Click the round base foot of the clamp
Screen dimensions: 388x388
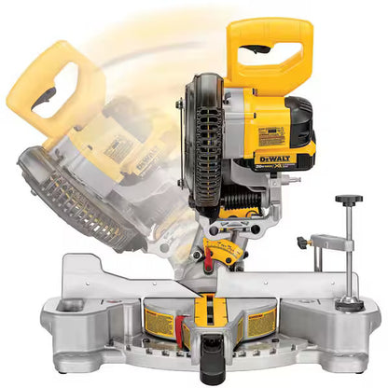point(350,303)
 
